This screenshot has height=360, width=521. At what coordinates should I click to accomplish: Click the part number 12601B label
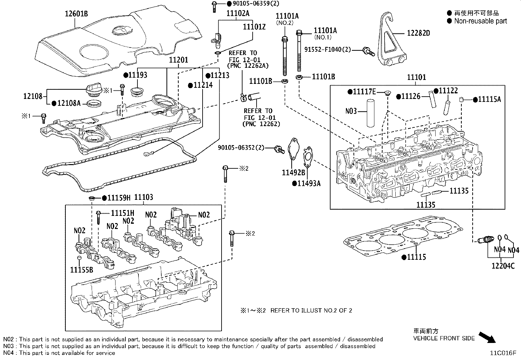coord(76,14)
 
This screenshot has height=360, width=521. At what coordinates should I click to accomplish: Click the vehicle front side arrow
coord(487,337)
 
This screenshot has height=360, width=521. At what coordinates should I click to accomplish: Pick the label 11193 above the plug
coord(135,75)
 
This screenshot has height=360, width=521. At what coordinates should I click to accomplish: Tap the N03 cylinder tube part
coord(370,113)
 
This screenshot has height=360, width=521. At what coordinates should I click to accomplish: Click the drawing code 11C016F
coord(503,353)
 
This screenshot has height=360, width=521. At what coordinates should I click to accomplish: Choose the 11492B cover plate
coord(293,149)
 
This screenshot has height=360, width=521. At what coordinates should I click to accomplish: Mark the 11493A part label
coord(306,183)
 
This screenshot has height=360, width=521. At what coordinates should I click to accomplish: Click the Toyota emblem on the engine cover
coord(122,30)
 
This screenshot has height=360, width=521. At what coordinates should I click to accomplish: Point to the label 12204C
coord(503,266)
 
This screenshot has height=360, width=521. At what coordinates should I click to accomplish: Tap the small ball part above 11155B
coord(79,257)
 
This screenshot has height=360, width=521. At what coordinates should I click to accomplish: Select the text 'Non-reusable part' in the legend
coord(480,21)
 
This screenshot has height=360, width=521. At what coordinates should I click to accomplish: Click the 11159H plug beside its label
coord(92,199)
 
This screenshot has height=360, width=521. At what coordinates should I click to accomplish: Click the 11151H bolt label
coord(123,213)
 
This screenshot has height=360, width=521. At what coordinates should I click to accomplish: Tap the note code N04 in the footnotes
coord(9,353)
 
